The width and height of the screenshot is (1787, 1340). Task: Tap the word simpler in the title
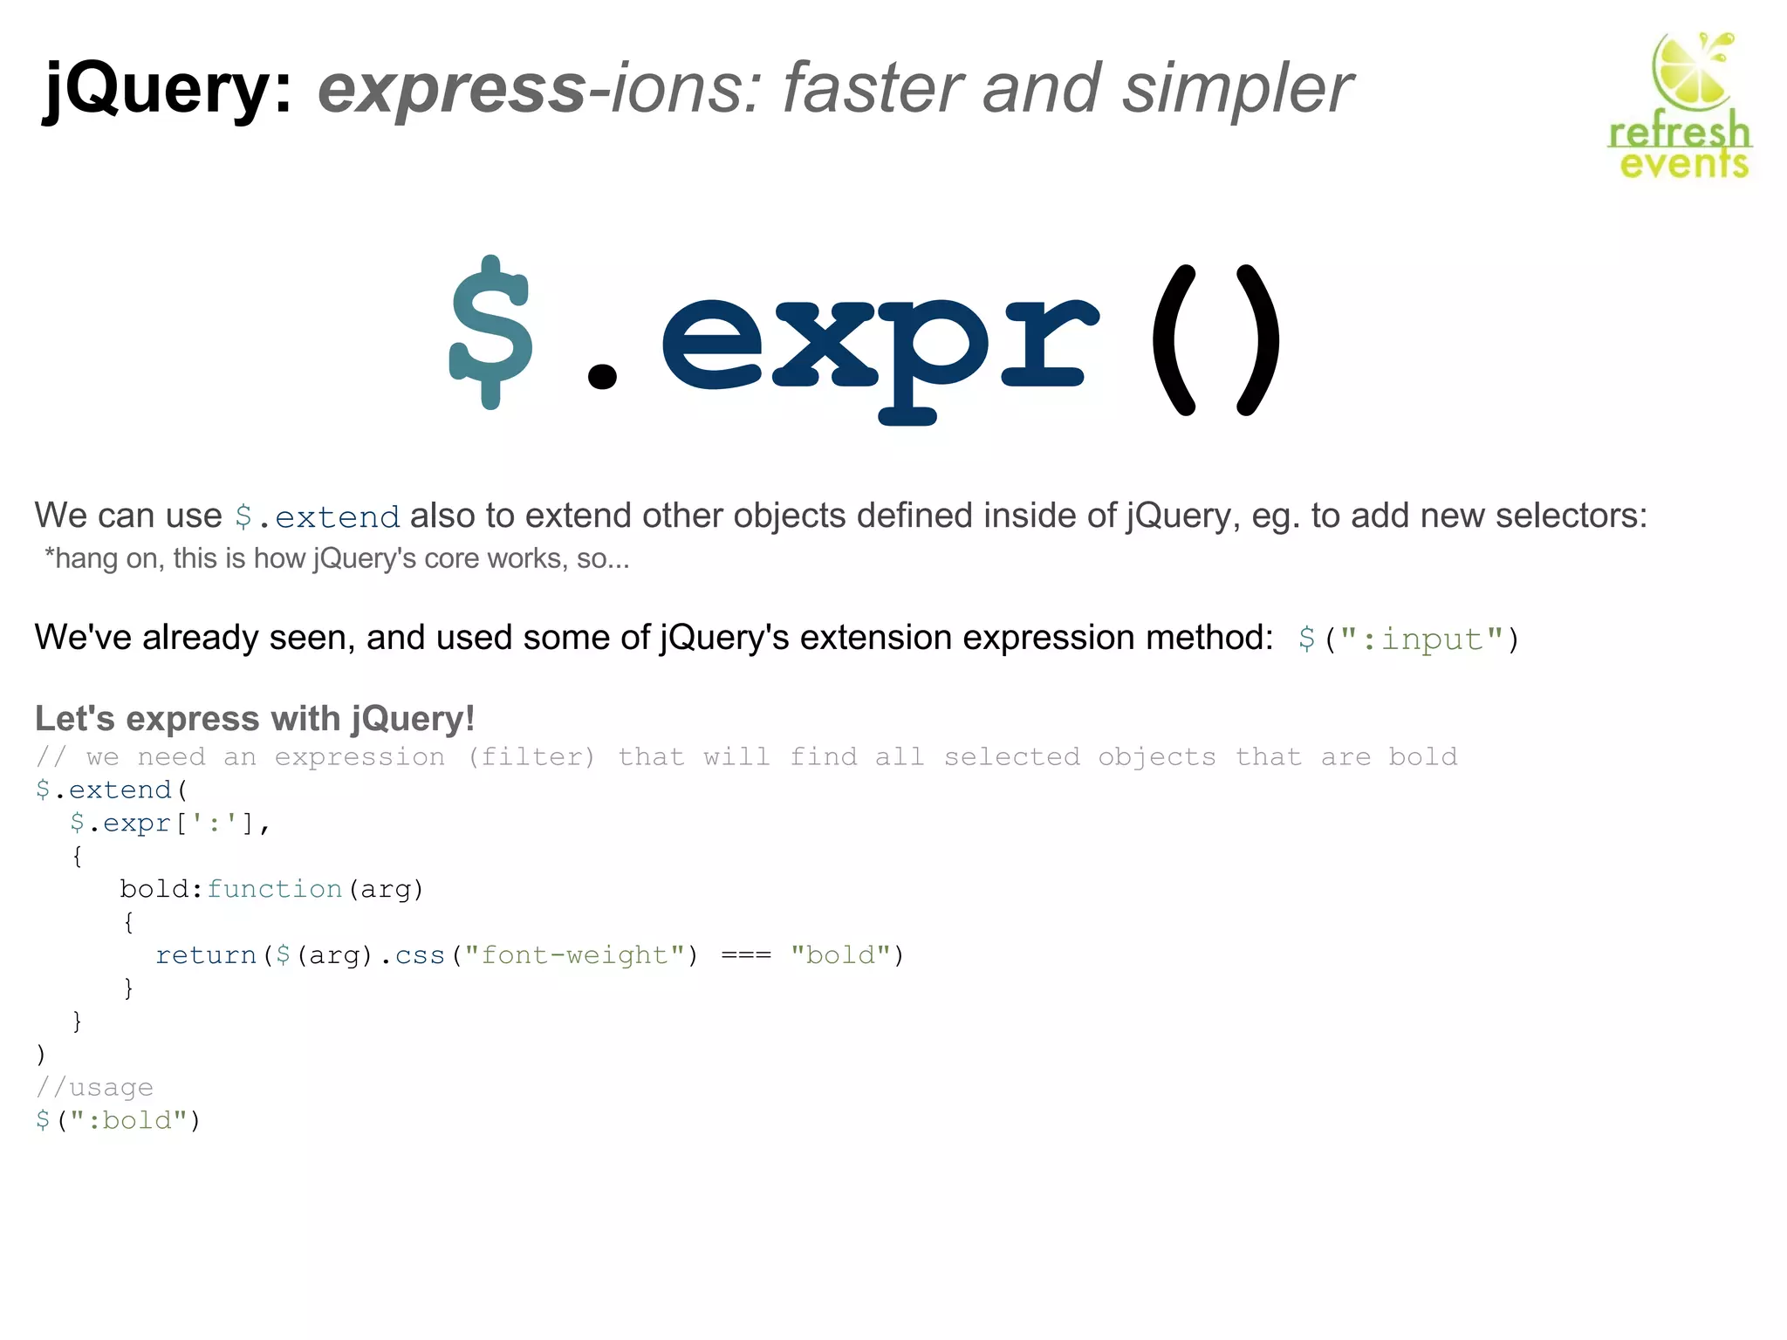click(x=1236, y=89)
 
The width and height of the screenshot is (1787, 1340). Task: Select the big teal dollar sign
click(x=490, y=332)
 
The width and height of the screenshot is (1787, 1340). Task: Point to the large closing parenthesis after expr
click(x=1256, y=340)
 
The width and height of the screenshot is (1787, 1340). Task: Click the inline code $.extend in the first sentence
click(x=318, y=516)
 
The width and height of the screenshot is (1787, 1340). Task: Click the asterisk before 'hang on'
click(x=50, y=555)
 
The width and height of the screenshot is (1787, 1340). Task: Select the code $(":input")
click(x=1407, y=639)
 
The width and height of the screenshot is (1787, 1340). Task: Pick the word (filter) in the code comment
click(x=531, y=756)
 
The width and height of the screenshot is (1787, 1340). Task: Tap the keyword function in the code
click(x=274, y=889)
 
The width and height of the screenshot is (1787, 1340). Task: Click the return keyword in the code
click(x=206, y=955)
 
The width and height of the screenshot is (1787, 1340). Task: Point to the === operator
click(x=746, y=955)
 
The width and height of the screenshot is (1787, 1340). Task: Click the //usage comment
click(x=94, y=1087)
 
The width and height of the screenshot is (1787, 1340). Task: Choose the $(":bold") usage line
click(x=118, y=1120)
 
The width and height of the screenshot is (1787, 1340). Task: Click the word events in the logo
click(x=1683, y=164)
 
